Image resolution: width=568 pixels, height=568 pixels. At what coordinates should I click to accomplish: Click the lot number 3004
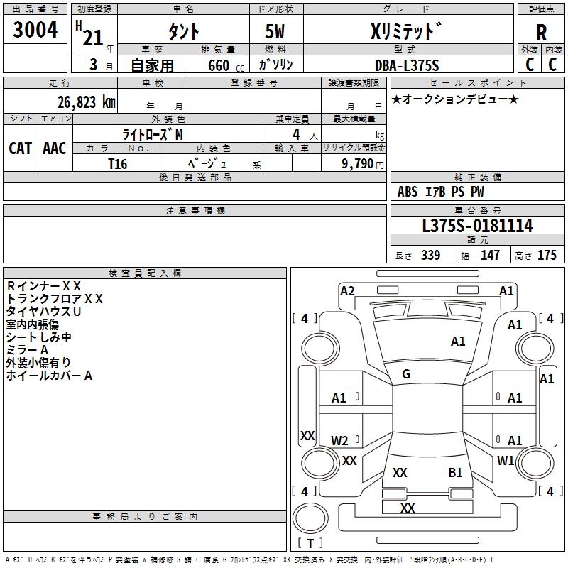click(x=35, y=29)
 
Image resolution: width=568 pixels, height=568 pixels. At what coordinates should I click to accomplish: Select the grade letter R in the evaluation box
click(x=541, y=33)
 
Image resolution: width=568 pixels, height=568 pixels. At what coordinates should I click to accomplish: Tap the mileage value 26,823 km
click(x=87, y=102)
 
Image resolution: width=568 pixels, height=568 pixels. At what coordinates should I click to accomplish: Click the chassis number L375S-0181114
click(x=477, y=225)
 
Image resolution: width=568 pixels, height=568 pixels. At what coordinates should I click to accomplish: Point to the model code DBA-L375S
click(x=407, y=65)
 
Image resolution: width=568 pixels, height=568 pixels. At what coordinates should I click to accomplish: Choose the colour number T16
click(x=118, y=164)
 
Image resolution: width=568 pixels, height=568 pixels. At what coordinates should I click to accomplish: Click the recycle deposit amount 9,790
click(x=357, y=164)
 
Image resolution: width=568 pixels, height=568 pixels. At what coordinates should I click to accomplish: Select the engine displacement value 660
click(x=219, y=65)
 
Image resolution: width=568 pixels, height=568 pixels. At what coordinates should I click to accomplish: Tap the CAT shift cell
click(x=21, y=148)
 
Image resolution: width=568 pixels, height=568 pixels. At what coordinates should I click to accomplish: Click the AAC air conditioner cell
click(x=55, y=148)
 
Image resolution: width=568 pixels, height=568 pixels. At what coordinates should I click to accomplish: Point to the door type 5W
click(x=275, y=31)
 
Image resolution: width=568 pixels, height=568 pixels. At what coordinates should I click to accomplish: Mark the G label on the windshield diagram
click(x=406, y=374)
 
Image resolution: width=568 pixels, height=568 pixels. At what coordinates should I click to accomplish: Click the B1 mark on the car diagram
click(x=455, y=472)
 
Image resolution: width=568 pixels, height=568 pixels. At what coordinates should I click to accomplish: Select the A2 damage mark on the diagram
click(x=347, y=291)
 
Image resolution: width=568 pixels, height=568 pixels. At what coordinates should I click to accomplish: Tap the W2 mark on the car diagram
click(x=339, y=440)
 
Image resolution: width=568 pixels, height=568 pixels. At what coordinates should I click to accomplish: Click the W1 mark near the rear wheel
click(x=506, y=460)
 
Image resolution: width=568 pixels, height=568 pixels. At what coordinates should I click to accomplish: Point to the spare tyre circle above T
click(x=310, y=518)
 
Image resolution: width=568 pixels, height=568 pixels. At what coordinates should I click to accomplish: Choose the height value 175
click(x=547, y=255)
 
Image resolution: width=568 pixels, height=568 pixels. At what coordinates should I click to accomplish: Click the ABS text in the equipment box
click(x=408, y=192)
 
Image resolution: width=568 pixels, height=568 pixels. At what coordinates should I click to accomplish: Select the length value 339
click(x=431, y=255)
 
